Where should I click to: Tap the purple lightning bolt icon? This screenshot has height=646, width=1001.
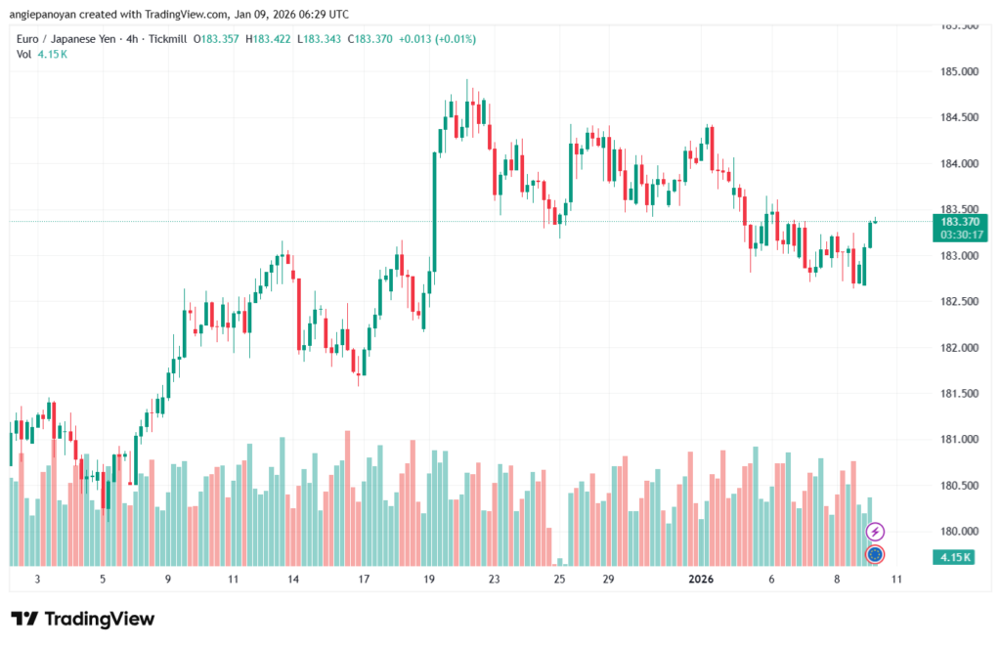pyautogui.click(x=876, y=532)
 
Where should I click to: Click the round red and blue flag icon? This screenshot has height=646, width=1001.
pyautogui.click(x=876, y=554)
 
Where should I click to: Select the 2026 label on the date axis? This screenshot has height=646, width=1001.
pyautogui.click(x=701, y=580)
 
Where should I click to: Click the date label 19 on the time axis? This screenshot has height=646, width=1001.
pyautogui.click(x=429, y=580)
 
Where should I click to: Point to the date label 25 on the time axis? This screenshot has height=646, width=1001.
pyautogui.click(x=559, y=580)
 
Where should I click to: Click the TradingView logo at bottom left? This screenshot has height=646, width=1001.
pyautogui.click(x=83, y=619)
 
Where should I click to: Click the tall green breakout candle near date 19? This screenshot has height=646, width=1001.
pyautogui.click(x=434, y=210)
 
